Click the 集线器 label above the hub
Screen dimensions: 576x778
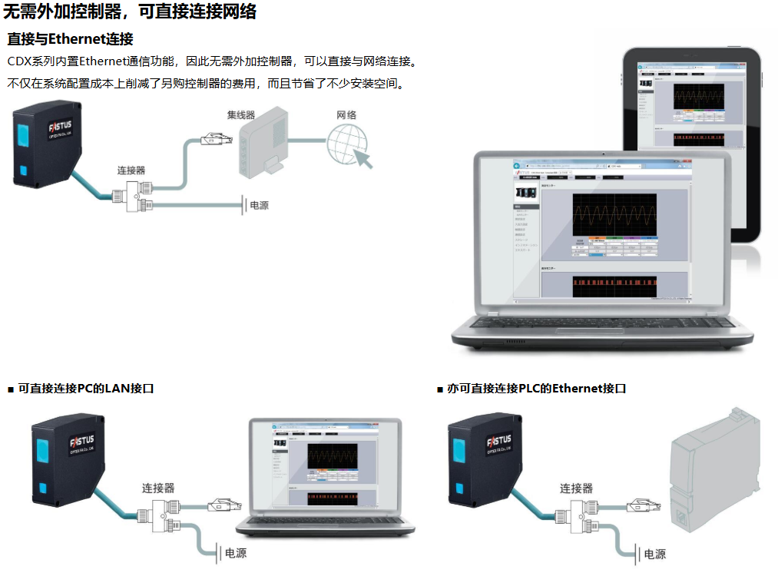pyautogui.click(x=240, y=115)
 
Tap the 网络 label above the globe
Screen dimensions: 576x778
pyautogui.click(x=346, y=115)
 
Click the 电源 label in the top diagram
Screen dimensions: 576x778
pyautogui.click(x=259, y=206)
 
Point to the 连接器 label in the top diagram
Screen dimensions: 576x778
pyautogui.click(x=131, y=170)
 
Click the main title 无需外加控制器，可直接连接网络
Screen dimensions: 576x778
pyautogui.click(x=131, y=12)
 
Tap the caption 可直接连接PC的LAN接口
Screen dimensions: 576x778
pyautogui.click(x=86, y=389)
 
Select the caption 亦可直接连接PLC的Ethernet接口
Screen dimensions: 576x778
pyautogui.click(x=536, y=389)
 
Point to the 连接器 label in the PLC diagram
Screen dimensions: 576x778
pyautogui.click(x=576, y=488)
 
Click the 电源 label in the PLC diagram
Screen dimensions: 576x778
pyautogui.click(x=654, y=554)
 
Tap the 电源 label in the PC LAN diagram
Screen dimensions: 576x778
pyautogui.click(x=235, y=554)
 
